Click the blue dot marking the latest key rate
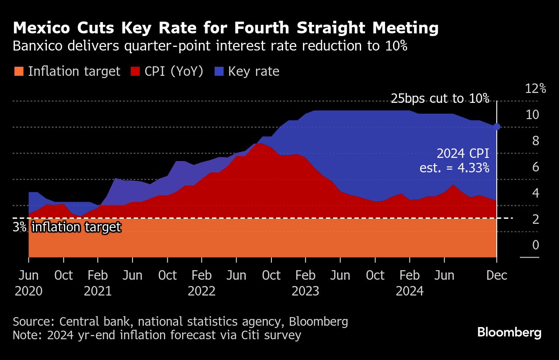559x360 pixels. [497, 127]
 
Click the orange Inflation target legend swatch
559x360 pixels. [18, 71]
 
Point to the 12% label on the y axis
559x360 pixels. [536, 88]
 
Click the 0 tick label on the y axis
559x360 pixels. [536, 245]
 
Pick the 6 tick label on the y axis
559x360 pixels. [536, 167]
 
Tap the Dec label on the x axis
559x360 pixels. [497, 275]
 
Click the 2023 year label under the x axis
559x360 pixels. [306, 291]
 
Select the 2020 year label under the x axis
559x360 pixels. [28, 291]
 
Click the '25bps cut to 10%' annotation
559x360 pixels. [440, 98]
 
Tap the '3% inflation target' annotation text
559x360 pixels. [67, 227]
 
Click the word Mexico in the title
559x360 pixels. [41, 28]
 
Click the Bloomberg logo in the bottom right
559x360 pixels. [509, 333]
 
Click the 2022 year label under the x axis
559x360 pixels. [202, 291]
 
